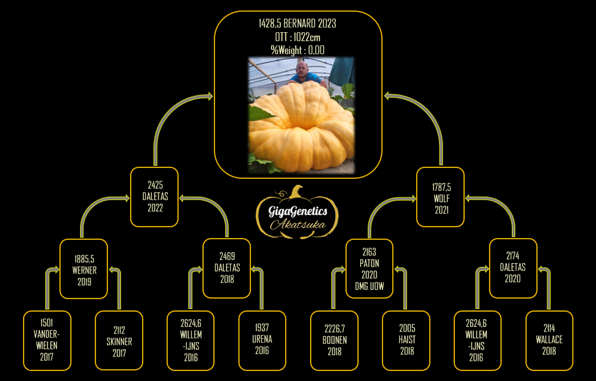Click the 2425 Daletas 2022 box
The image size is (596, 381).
tap(154, 197)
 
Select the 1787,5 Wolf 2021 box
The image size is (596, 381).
tap(440, 197)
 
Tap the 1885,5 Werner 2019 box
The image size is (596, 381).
tap(84, 269)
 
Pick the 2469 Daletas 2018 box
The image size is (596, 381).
tap(226, 268)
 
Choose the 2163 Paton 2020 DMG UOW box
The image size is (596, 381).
tap(370, 268)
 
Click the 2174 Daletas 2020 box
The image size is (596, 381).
tap(513, 268)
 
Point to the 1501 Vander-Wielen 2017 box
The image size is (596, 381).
tap(47, 341)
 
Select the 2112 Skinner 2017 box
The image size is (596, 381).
tap(119, 341)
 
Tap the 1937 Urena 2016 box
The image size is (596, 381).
tap(262, 341)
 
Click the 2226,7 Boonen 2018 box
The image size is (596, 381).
tap(334, 341)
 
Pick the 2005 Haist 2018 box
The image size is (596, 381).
tap(406, 341)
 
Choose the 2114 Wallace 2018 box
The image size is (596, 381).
tap(550, 341)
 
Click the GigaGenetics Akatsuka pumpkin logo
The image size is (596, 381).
tap(297, 212)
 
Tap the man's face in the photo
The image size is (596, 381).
tap(302, 69)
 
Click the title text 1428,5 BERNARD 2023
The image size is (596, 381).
tap(298, 23)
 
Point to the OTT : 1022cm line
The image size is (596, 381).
tap(298, 37)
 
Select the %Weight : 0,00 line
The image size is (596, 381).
tap(298, 50)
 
